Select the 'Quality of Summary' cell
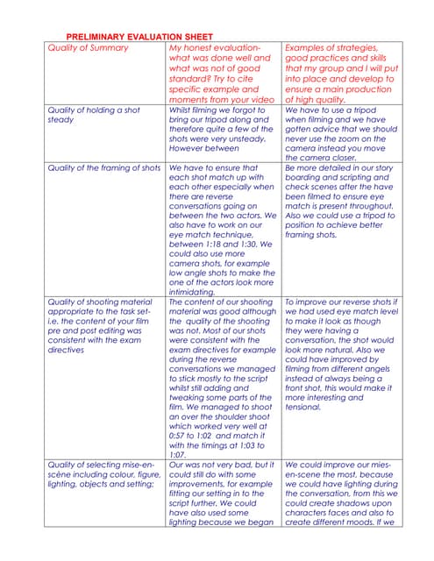pyautogui.click(x=87, y=47)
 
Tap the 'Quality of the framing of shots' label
pyautogui.click(x=103, y=167)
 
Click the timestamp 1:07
pyautogui.click(x=178, y=454)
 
